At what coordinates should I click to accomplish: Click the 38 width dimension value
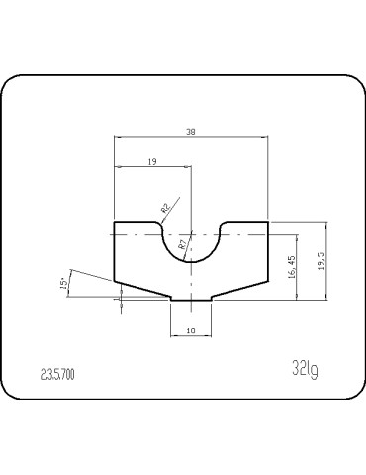pos(191,130)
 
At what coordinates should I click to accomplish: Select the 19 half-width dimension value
pos(152,160)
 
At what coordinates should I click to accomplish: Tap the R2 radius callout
pos(165,209)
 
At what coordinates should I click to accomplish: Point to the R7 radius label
pos(183,243)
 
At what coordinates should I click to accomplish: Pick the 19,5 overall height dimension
pos(320,262)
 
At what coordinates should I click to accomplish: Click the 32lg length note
pos(305,369)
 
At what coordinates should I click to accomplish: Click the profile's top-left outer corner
pos(115,222)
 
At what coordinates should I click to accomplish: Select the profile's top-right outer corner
pos(268,222)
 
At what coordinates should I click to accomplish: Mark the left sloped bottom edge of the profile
pos(142,289)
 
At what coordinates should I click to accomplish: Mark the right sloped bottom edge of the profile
pos(239,289)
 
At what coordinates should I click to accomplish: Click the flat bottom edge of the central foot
pos(191,301)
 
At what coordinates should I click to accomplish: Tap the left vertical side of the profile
pos(115,251)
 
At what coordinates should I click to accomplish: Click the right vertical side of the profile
pos(268,251)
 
